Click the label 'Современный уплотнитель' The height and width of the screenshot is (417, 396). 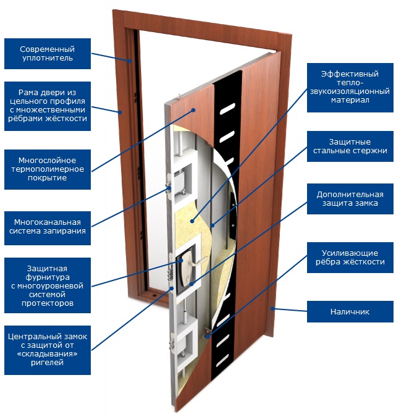click(47, 53)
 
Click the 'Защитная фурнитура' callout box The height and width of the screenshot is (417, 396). click(47, 286)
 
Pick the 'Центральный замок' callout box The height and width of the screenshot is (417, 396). click(47, 350)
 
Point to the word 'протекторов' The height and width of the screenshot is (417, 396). click(47, 303)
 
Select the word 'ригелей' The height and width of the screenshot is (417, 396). click(47, 363)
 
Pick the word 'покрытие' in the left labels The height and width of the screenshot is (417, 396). click(47, 179)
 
